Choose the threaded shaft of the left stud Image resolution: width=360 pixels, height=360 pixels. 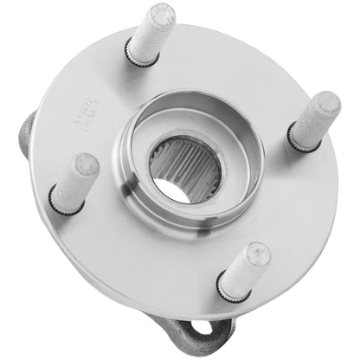[x=76, y=182]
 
